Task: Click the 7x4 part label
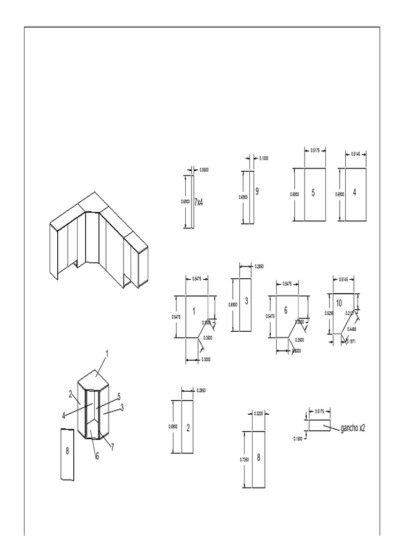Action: (x=199, y=202)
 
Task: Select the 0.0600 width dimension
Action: (x=204, y=170)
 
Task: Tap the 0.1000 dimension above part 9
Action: (x=264, y=158)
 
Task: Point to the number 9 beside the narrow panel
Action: (x=257, y=191)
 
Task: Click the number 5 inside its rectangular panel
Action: (x=313, y=193)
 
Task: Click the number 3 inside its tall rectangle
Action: (x=246, y=301)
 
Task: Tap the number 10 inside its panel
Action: (x=339, y=303)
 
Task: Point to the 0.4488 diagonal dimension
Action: (x=353, y=329)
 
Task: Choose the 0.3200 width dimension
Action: (x=258, y=414)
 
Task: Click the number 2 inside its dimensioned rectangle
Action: (x=188, y=427)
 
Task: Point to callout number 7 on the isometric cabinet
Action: (x=112, y=446)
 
